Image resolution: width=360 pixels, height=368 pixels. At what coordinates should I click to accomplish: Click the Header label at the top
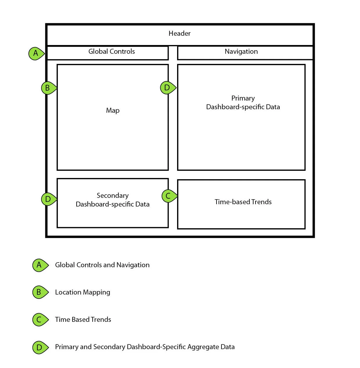coord(179,33)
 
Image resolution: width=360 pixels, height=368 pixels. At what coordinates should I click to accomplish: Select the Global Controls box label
coord(111,51)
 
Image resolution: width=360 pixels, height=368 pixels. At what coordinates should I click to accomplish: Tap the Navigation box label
coord(241,52)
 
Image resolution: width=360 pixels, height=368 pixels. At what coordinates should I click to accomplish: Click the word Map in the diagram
coord(113,111)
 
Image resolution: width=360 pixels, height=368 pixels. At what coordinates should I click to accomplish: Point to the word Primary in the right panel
coord(243,98)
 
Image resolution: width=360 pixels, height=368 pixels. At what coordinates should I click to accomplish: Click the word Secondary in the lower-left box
coord(112,195)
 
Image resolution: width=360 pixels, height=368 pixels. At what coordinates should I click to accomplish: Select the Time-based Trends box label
coord(243,202)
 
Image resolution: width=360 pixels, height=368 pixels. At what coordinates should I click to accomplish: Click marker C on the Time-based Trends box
coord(169,196)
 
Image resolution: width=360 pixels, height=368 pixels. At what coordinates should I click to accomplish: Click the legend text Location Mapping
coord(82,292)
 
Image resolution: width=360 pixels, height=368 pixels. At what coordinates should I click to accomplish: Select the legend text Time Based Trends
coord(83,320)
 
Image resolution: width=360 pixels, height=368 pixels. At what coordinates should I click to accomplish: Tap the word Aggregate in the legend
coord(203,347)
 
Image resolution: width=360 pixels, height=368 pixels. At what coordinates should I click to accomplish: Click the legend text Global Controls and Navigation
coord(102,265)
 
